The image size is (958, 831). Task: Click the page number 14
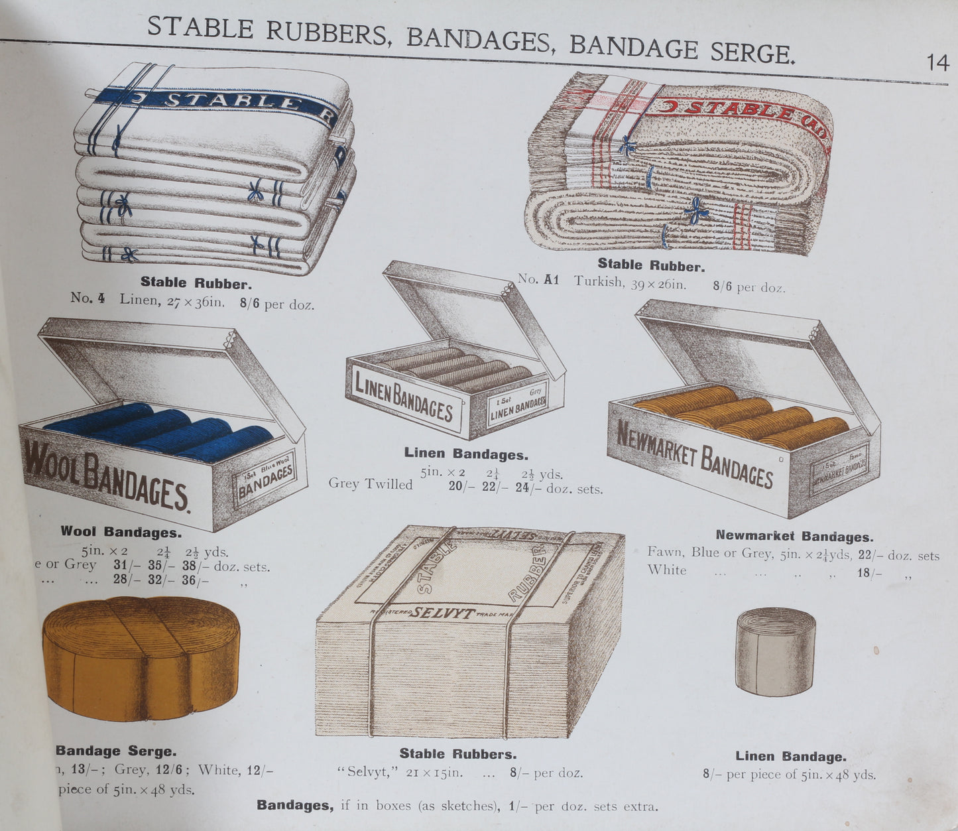[937, 63]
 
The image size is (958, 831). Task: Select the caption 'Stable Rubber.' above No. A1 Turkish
[650, 266]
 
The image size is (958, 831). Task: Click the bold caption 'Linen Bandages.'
[466, 454]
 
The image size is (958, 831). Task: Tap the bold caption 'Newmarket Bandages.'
[794, 536]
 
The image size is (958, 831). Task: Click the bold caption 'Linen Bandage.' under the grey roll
[790, 756]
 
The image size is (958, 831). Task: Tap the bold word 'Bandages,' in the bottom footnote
[295, 806]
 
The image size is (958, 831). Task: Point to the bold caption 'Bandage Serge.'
[116, 751]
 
